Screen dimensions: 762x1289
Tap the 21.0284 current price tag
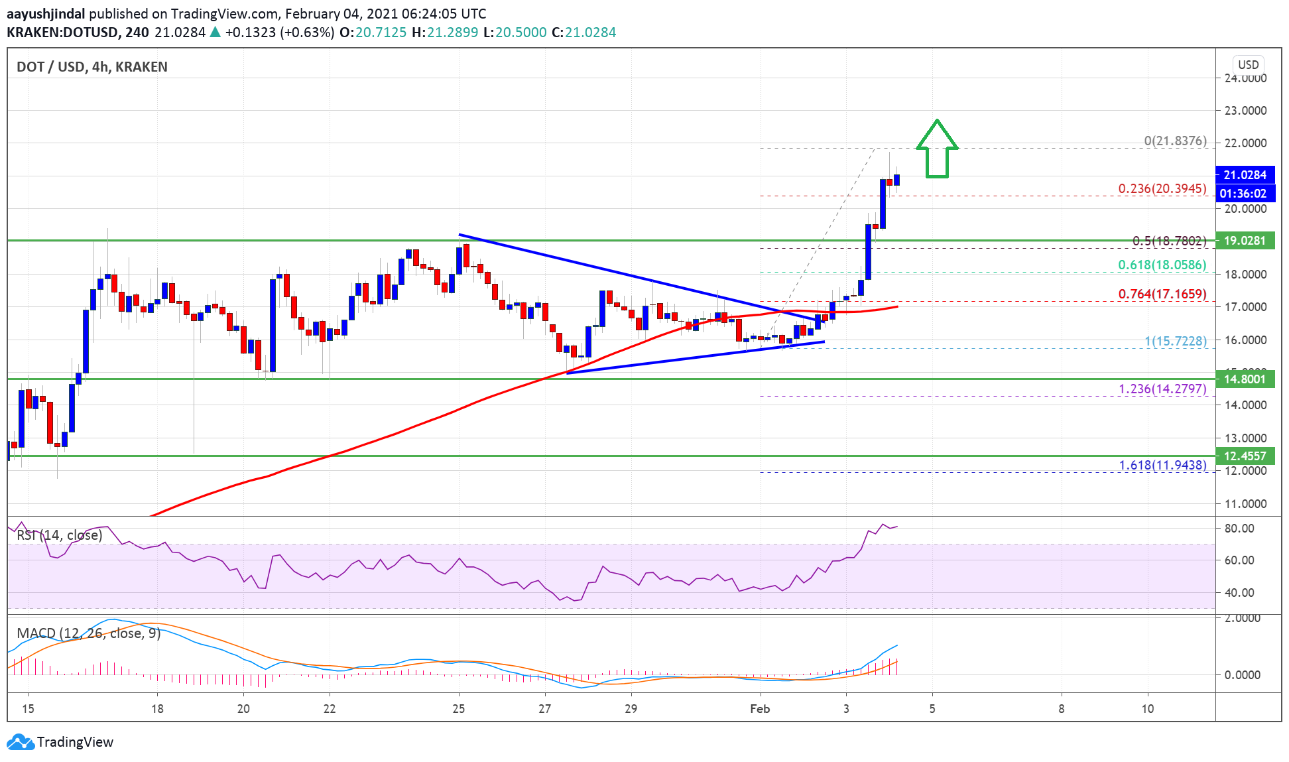(1245, 175)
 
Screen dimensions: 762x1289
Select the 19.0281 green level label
(1245, 240)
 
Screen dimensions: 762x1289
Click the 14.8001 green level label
(1245, 379)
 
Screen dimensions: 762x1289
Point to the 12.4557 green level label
(1245, 456)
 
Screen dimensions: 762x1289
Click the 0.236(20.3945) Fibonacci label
(1162, 189)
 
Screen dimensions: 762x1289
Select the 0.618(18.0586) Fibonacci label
(1162, 265)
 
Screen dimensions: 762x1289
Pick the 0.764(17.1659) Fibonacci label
(1162, 294)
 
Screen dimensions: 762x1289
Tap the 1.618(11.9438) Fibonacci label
(1162, 465)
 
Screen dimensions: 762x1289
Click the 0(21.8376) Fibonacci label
(1175, 141)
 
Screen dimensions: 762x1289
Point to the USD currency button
(1248, 65)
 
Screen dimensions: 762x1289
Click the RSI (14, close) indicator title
(60, 535)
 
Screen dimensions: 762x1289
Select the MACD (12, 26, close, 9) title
(89, 633)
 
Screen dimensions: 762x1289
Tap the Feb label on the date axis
(760, 709)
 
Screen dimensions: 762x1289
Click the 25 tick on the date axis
(459, 709)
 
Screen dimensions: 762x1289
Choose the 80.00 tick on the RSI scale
(1239, 529)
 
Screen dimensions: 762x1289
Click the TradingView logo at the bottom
(60, 741)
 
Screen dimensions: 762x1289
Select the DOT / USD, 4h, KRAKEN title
(92, 67)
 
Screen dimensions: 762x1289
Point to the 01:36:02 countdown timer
(1243, 194)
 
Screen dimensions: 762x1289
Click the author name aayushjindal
(46, 13)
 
